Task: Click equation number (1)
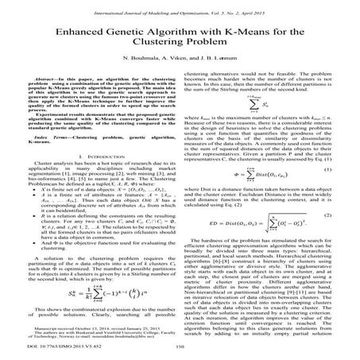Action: (327, 192)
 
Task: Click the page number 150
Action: (180, 348)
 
